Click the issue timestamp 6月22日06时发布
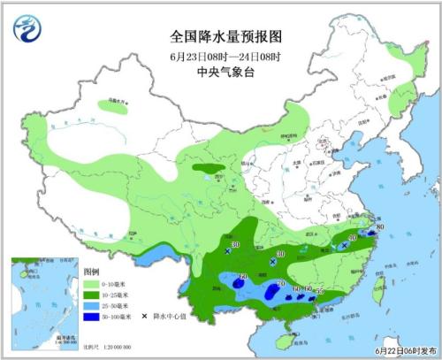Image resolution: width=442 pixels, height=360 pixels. coord(402,350)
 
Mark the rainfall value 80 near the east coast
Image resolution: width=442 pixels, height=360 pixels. coord(380,229)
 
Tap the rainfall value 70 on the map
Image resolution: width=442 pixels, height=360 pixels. coord(280,282)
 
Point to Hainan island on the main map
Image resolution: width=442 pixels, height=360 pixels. coord(285,337)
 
